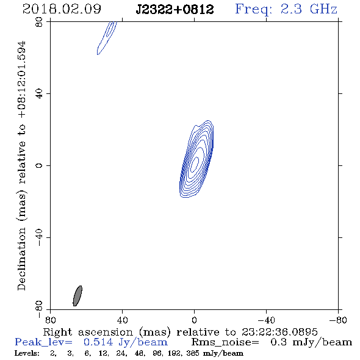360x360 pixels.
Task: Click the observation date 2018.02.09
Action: click(62, 9)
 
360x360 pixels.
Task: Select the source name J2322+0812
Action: click(175, 9)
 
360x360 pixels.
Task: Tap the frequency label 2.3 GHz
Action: click(309, 9)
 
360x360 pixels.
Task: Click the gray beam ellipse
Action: click(77, 296)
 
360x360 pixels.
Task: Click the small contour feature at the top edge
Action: click(107, 38)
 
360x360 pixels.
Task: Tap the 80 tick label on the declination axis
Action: click(39, 22)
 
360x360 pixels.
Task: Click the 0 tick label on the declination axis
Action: click(39, 165)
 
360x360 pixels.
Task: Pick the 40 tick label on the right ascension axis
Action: click(122, 320)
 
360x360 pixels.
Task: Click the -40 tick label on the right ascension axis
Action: click(266, 320)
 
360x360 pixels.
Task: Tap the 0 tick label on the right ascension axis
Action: click(194, 320)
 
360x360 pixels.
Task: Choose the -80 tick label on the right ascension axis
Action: click(338, 320)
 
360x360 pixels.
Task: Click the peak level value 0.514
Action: click(98, 342)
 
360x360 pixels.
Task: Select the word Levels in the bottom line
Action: click(27, 353)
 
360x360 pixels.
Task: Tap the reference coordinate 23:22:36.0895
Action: click(279, 332)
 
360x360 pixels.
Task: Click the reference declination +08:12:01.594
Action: click(22, 79)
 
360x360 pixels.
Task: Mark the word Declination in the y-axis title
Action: click(21, 259)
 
